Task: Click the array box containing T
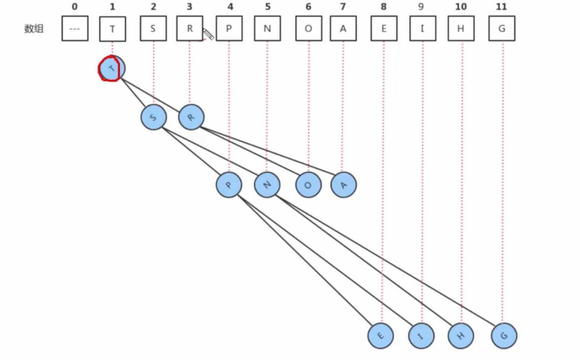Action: coord(112,29)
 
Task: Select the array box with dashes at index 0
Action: coord(75,28)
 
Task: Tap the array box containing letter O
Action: coord(309,28)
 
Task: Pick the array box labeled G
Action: coord(502,28)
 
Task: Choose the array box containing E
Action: coord(384,28)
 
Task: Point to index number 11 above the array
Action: coord(501,7)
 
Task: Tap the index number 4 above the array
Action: coord(230,7)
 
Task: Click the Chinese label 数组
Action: coord(34,29)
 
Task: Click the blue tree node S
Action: coord(154,117)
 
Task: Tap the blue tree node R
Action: coord(191,117)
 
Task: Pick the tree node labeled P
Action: coord(229,185)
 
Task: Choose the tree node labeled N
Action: coord(267,185)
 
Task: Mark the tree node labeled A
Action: coord(344,185)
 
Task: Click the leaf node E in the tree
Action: coord(381,335)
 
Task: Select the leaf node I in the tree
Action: coord(421,335)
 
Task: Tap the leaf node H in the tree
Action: coord(461,335)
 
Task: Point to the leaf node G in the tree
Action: coord(504,335)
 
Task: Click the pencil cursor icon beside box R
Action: coord(208,34)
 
